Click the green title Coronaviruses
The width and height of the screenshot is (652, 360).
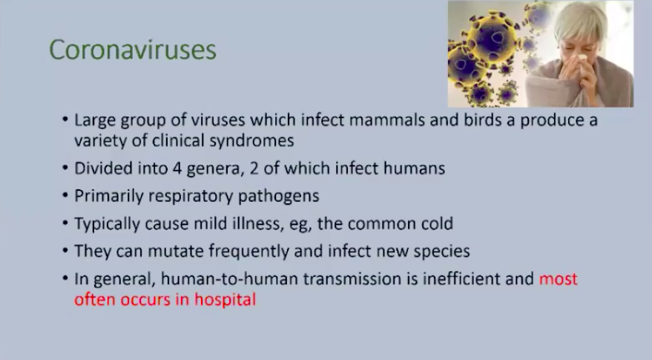coord(133,50)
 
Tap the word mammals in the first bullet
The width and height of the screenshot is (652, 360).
coord(387,120)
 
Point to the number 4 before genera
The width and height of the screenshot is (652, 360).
coord(177,168)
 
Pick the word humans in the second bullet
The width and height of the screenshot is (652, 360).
coord(414,168)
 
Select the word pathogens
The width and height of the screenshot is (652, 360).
coord(279,197)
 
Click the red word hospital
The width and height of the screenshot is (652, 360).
coord(225,300)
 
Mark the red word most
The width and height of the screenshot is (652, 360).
coord(558,279)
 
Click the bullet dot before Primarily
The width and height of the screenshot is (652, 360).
coord(65,194)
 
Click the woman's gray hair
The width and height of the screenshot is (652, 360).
coord(582,19)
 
